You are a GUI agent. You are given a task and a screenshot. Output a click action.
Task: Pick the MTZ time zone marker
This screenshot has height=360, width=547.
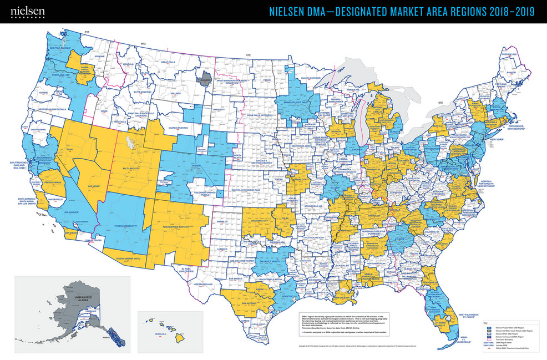point(143,43)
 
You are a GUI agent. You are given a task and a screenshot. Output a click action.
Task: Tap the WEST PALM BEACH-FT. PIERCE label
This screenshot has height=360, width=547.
point(462,316)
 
